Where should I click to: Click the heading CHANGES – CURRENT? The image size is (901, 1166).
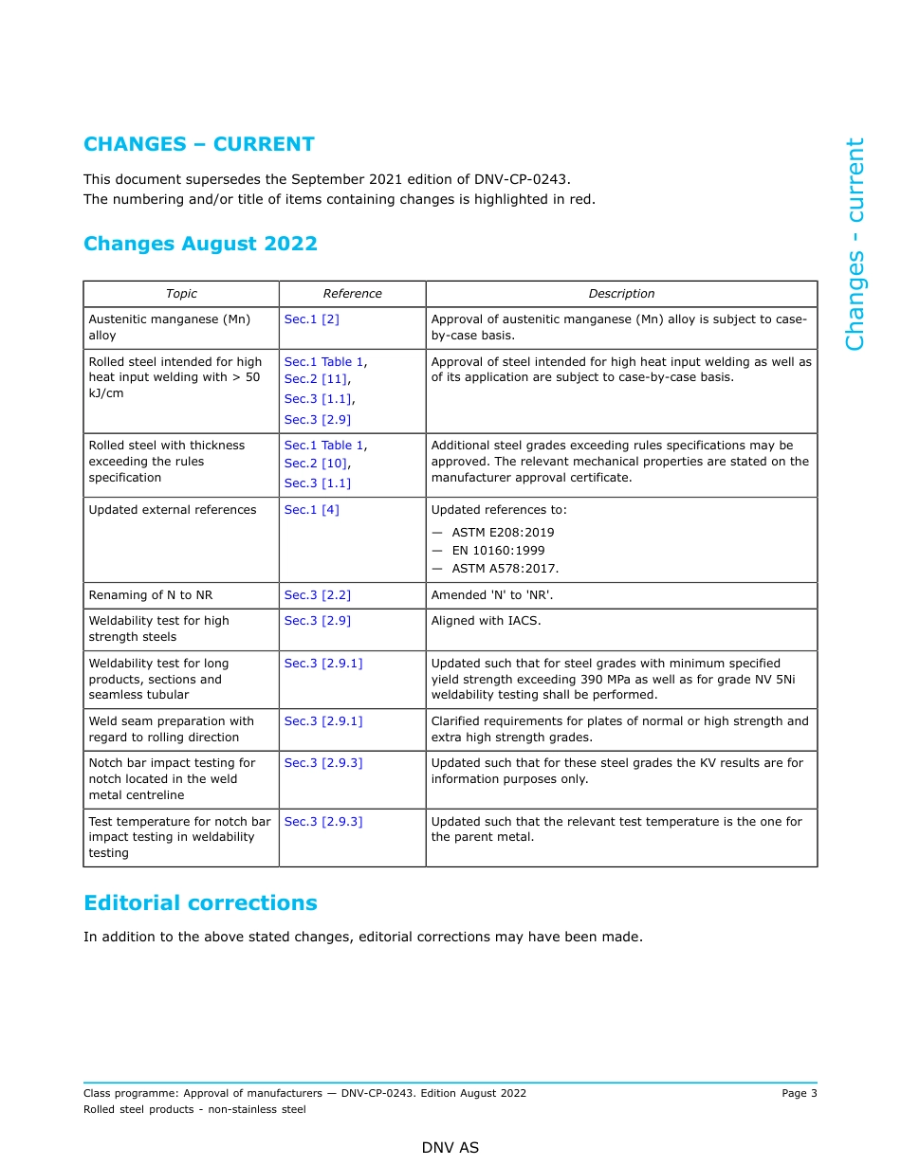click(198, 144)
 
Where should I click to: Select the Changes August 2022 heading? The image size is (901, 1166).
click(200, 244)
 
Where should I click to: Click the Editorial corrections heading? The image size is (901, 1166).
click(200, 902)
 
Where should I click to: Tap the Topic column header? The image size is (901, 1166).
click(181, 294)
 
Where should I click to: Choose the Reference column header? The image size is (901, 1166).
click(352, 294)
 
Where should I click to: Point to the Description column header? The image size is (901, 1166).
click(621, 294)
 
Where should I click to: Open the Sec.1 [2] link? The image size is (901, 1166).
click(311, 319)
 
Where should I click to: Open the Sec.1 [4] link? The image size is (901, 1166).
click(311, 510)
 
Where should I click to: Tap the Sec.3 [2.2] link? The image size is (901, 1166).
click(317, 595)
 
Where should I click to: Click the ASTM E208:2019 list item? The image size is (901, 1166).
click(503, 533)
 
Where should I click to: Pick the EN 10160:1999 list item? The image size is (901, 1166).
click(498, 551)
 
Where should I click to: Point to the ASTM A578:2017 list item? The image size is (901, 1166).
click(505, 569)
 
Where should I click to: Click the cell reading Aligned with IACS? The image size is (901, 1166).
click(486, 621)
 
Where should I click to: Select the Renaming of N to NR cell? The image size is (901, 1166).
click(151, 595)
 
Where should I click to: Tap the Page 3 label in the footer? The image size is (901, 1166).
click(799, 1093)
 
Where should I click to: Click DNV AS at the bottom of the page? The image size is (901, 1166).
click(450, 1148)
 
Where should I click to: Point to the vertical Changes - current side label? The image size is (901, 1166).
click(855, 244)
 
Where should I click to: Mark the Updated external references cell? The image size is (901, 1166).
click(173, 510)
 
